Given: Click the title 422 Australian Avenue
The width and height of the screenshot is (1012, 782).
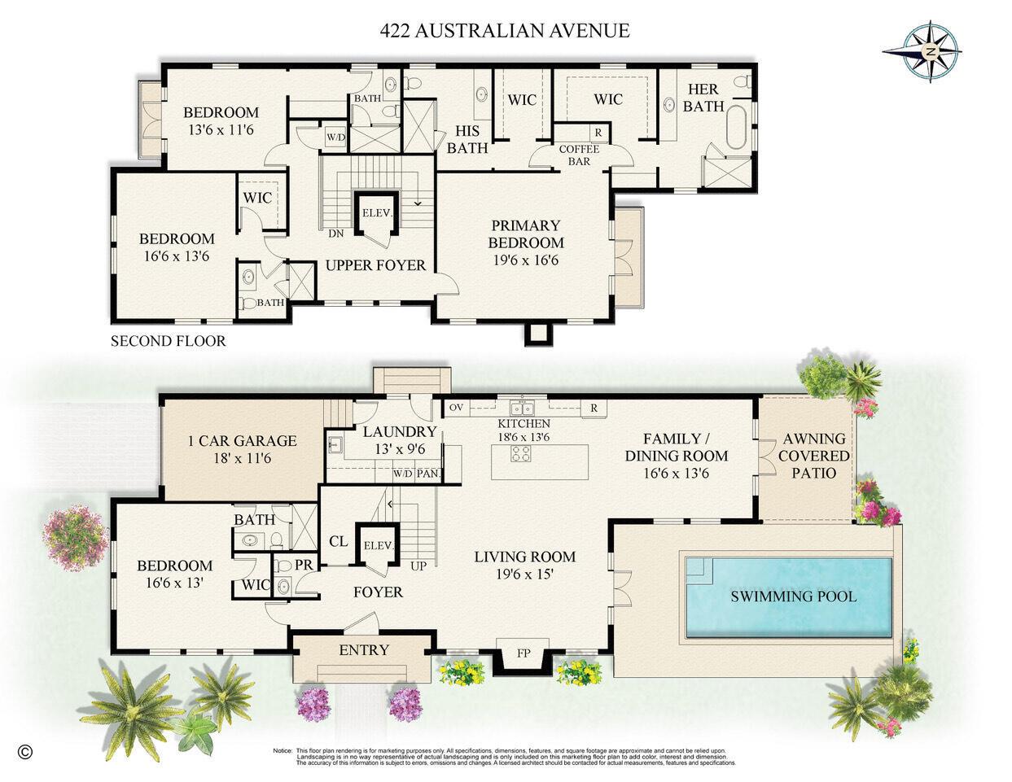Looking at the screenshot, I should pyautogui.click(x=505, y=31).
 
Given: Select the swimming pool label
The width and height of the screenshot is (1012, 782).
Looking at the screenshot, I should pyautogui.click(x=793, y=596).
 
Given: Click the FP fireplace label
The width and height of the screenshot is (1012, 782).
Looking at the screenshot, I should pyautogui.click(x=524, y=653).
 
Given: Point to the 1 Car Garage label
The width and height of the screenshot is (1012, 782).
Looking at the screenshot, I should pyautogui.click(x=242, y=441).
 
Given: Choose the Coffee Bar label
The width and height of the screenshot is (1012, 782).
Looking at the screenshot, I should pyautogui.click(x=579, y=155).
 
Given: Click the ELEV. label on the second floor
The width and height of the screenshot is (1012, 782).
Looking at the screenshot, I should pyautogui.click(x=377, y=213).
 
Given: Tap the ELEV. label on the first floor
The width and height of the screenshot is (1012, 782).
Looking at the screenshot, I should pyautogui.click(x=379, y=546).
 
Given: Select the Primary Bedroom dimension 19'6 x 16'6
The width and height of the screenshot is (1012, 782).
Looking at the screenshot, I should pyautogui.click(x=525, y=260).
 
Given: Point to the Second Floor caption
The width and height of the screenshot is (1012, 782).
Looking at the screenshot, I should pyautogui.click(x=168, y=341).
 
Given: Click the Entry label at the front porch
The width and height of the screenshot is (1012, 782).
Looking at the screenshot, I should pyautogui.click(x=364, y=649).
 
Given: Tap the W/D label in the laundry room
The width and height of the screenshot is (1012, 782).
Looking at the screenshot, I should pyautogui.click(x=402, y=474).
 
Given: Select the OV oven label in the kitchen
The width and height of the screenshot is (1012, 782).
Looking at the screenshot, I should pyautogui.click(x=456, y=407).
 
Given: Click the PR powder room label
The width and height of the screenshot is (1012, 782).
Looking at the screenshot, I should pyautogui.click(x=282, y=565).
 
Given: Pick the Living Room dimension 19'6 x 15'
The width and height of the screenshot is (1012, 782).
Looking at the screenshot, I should pyautogui.click(x=525, y=574).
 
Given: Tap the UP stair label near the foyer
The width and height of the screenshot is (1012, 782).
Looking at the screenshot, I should pyautogui.click(x=418, y=566).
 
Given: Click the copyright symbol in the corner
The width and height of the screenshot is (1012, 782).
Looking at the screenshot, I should pyautogui.click(x=24, y=751).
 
